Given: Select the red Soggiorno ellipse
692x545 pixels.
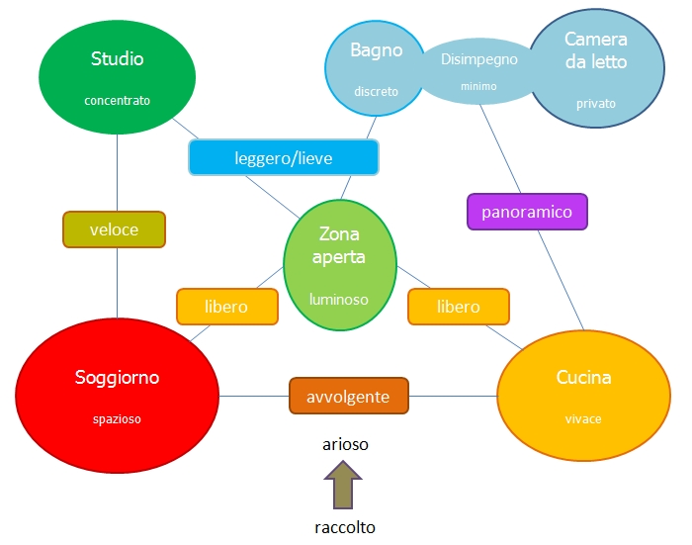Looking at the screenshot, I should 117,391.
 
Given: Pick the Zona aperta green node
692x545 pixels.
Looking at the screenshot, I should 340,261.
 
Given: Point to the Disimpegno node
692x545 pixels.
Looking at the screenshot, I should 479,69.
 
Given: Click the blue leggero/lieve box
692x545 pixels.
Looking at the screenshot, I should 283,157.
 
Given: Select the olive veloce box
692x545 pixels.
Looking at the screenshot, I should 114,229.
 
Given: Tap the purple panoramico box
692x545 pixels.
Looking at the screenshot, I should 527,212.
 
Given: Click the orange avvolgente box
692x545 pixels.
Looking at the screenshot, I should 348,397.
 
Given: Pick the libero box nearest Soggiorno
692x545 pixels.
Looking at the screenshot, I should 225,307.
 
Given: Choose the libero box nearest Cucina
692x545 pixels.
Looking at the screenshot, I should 458,307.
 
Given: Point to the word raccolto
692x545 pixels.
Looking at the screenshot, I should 344,527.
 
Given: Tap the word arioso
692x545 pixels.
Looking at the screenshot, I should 345,444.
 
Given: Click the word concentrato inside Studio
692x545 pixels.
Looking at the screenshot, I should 117,100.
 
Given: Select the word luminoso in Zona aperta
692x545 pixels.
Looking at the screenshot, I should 339,298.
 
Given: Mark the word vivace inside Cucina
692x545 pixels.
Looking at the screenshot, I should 583,418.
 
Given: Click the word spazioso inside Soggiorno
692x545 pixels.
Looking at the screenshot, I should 117,418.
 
